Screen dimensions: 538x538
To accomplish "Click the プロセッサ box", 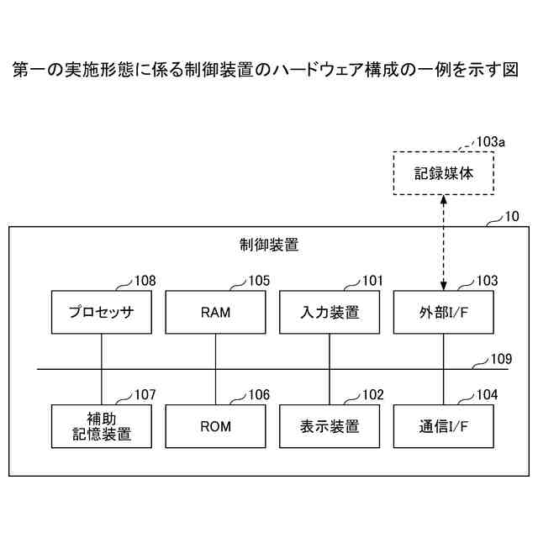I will click(101, 313).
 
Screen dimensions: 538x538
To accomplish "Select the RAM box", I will click(215, 313).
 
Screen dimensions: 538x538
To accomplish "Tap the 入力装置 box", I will click(330, 313).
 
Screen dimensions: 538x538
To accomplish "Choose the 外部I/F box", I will click(443, 313).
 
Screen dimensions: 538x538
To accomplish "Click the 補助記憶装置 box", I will click(101, 426).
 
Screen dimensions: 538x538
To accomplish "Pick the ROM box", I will click(215, 426).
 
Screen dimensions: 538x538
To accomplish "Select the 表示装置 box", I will click(330, 426).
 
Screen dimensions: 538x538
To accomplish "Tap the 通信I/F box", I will click(443, 426).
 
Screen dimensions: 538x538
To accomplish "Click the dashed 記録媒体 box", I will click(444, 173).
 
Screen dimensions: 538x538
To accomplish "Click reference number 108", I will click(145, 282).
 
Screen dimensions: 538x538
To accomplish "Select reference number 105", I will click(258, 282).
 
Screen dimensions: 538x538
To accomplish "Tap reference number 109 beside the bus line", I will click(501, 359).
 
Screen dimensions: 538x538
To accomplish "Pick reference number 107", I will click(145, 394).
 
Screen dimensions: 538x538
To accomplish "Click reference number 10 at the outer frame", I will click(511, 217).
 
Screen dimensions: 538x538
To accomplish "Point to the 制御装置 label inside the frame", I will click(269, 245).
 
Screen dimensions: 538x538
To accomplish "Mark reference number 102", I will click(372, 394).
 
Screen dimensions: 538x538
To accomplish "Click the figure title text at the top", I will click(269, 71).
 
